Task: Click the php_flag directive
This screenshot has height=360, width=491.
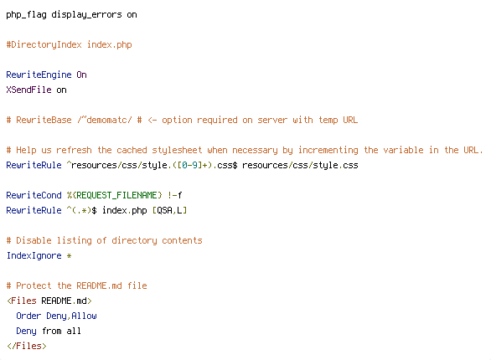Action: tap(26, 15)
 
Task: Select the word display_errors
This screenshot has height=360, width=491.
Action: tap(86, 15)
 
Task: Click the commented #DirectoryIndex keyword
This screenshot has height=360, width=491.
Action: tap(44, 44)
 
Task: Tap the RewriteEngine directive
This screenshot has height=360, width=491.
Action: tap(39, 75)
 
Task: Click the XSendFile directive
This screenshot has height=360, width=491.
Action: tap(28, 90)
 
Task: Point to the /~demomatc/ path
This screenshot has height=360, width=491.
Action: tap(104, 120)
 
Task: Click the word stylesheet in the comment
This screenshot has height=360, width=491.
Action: tap(177, 150)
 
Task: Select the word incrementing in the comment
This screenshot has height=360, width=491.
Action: tap(328, 150)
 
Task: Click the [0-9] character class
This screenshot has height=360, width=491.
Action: tap(189, 165)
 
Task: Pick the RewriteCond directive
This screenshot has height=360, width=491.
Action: tap(34, 195)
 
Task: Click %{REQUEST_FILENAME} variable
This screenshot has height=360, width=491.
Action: tap(114, 195)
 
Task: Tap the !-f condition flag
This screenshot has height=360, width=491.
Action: tap(175, 195)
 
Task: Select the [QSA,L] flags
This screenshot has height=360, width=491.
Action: tap(169, 210)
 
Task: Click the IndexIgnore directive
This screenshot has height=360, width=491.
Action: tap(34, 255)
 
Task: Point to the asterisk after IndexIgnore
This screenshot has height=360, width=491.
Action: tap(69, 255)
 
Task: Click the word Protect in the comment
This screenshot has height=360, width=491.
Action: tap(34, 285)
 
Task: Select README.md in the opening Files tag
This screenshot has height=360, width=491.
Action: tap(64, 301)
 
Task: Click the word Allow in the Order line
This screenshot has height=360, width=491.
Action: tap(84, 316)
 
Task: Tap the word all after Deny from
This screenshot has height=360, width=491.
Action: tap(74, 331)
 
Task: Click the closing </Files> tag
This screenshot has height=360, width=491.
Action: tap(26, 346)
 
